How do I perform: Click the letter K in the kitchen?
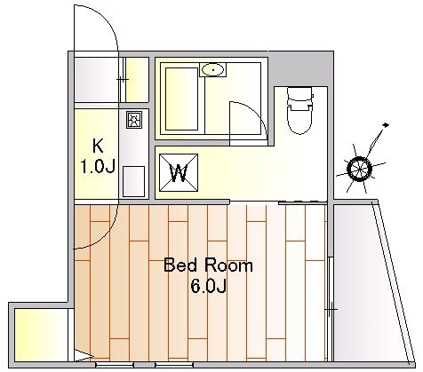[98, 146]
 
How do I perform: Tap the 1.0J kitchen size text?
[98, 167]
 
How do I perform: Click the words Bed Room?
[208, 265]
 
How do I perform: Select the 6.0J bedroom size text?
[209, 286]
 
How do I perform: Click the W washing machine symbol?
[179, 173]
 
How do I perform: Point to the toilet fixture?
[300, 110]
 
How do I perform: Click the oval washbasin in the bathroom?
[212, 70]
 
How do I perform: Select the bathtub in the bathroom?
[181, 99]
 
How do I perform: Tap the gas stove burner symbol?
[134, 120]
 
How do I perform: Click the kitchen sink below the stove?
[133, 181]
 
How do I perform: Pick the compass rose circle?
[359, 169]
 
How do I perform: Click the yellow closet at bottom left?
[41, 335]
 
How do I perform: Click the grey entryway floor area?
[95, 80]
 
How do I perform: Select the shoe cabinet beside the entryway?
[137, 80]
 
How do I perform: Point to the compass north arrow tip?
[386, 124]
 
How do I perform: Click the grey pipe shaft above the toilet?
[300, 69]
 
